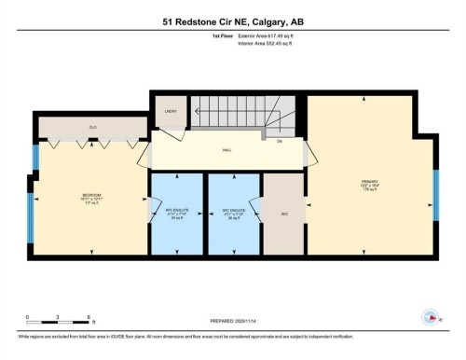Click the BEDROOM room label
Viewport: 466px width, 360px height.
(91, 195)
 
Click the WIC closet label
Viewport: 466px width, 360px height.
(284, 213)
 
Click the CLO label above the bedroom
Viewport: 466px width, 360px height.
(92, 127)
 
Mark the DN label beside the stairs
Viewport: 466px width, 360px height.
(279, 141)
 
